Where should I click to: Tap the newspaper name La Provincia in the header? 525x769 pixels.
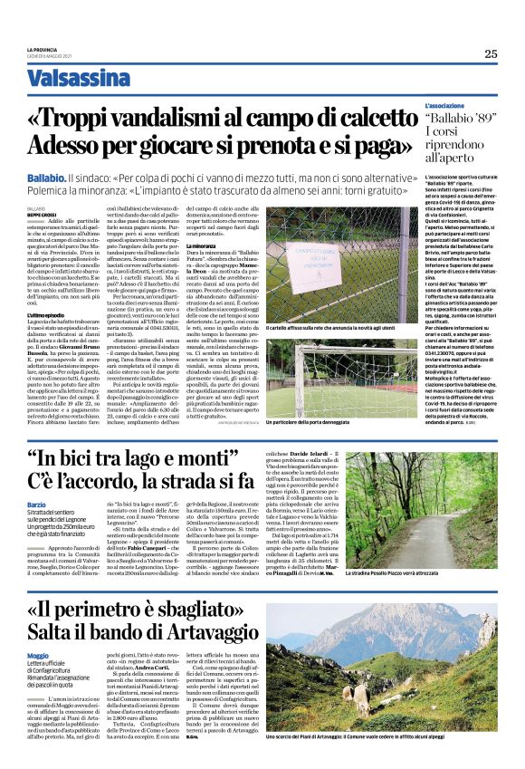click(x=41, y=49)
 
